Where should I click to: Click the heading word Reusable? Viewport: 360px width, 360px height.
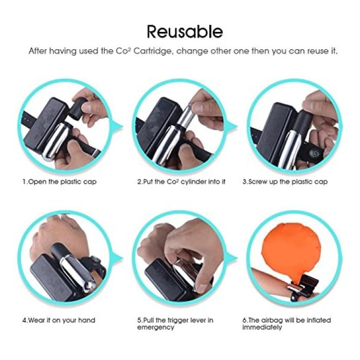[x=185, y=32]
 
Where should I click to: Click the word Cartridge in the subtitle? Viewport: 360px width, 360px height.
[x=152, y=51]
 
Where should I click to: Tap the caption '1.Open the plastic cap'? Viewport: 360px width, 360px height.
[x=60, y=182]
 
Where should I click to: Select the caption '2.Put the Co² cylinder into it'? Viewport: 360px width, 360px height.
[x=182, y=182]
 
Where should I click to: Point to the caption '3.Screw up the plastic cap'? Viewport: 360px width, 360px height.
[x=285, y=182]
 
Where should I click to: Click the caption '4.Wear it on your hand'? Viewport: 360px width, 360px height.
[x=59, y=320]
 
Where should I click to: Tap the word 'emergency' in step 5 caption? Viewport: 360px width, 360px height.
[x=156, y=328]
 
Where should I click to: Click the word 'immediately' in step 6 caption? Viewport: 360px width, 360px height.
[x=262, y=327]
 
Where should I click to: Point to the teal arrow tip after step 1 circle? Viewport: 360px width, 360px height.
[x=122, y=127]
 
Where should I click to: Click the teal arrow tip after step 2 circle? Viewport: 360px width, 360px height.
[x=237, y=127]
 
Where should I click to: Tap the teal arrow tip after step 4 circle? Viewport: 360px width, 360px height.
[x=122, y=258]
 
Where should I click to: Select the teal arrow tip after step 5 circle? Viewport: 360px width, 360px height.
[x=237, y=258]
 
